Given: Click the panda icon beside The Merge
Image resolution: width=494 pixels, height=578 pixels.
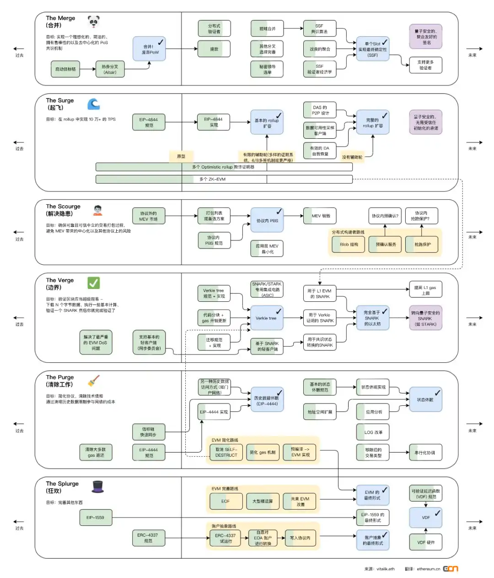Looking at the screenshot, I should coord(94,21).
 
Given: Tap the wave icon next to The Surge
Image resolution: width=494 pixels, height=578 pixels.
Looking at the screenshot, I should coord(94,104).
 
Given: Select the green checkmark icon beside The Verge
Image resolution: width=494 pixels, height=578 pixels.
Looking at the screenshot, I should coord(94,283).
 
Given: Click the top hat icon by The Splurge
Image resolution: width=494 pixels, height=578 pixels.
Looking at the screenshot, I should coord(98,486).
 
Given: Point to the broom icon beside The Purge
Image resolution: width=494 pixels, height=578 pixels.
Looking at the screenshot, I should coord(94,381).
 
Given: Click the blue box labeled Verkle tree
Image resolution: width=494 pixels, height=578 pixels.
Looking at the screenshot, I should coord(267,318).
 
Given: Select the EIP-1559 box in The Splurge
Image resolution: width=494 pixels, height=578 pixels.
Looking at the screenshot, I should coord(96,518).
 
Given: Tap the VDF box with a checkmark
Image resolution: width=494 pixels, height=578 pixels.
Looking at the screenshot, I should coord(425,517).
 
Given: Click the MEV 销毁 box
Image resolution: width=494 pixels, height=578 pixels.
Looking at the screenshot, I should coord(320,216).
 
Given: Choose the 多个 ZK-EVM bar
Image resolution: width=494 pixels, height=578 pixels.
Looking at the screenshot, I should coord(224,179).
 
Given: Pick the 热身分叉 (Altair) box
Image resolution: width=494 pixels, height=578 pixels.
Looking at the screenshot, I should coord(110,69).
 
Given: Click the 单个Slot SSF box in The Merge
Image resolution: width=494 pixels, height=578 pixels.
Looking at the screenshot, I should coord(373,49).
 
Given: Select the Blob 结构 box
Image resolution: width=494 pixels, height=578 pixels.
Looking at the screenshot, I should coord(349,244).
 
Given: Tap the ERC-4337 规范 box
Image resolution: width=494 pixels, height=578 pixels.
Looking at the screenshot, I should coord(148,538).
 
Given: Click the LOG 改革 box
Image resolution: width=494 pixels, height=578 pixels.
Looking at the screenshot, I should coord(373,432).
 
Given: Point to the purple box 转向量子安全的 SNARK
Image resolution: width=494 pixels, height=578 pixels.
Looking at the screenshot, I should coord(425,318).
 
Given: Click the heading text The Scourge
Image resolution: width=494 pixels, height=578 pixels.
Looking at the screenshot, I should coord(63,207).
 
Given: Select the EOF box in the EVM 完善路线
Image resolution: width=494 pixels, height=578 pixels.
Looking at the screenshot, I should coord(226,501).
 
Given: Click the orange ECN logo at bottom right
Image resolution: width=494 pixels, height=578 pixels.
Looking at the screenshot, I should coord(450,568).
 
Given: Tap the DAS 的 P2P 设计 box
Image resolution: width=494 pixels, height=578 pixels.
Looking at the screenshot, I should coord(320,110).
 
